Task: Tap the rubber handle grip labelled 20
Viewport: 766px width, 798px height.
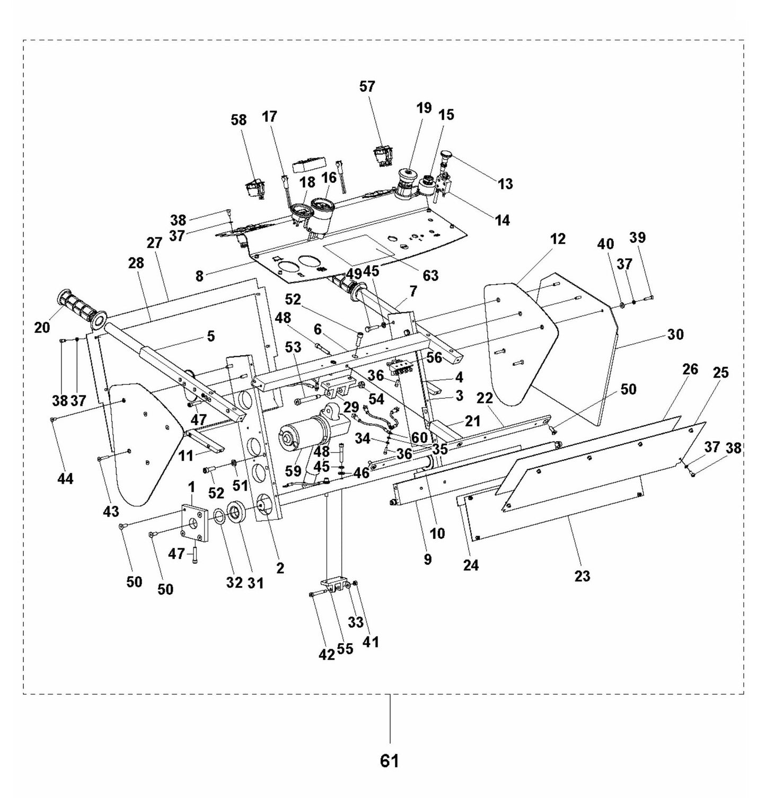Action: click(x=78, y=307)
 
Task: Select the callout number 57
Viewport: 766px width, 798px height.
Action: click(x=367, y=86)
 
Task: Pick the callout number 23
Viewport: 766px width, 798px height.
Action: click(x=582, y=575)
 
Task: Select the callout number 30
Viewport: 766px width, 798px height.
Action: click(x=675, y=335)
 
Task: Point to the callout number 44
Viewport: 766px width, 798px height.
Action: click(x=66, y=479)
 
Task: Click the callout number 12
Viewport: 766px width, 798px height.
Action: click(x=558, y=239)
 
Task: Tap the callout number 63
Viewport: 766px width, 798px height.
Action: click(x=430, y=276)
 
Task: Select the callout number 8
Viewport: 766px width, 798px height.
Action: click(x=199, y=276)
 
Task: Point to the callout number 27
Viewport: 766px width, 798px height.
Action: click(x=154, y=243)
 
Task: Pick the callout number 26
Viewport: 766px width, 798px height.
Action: click(x=690, y=369)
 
